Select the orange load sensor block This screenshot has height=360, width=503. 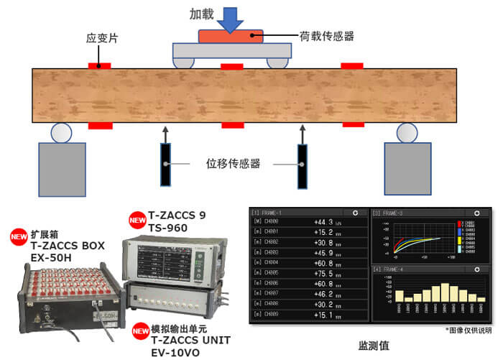[x=230, y=36]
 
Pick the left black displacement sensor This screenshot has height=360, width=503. [x=166, y=166]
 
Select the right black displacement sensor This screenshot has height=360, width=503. [x=303, y=166]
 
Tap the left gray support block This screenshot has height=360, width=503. [x=62, y=167]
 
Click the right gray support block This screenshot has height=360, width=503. [x=407, y=167]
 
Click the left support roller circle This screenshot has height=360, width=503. [x=60, y=132]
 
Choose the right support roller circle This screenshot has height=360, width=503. [x=407, y=132]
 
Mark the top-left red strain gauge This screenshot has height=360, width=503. [x=99, y=65]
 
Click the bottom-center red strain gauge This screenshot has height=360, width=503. [x=231, y=125]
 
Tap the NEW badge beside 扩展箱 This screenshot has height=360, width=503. [x=19, y=236]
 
